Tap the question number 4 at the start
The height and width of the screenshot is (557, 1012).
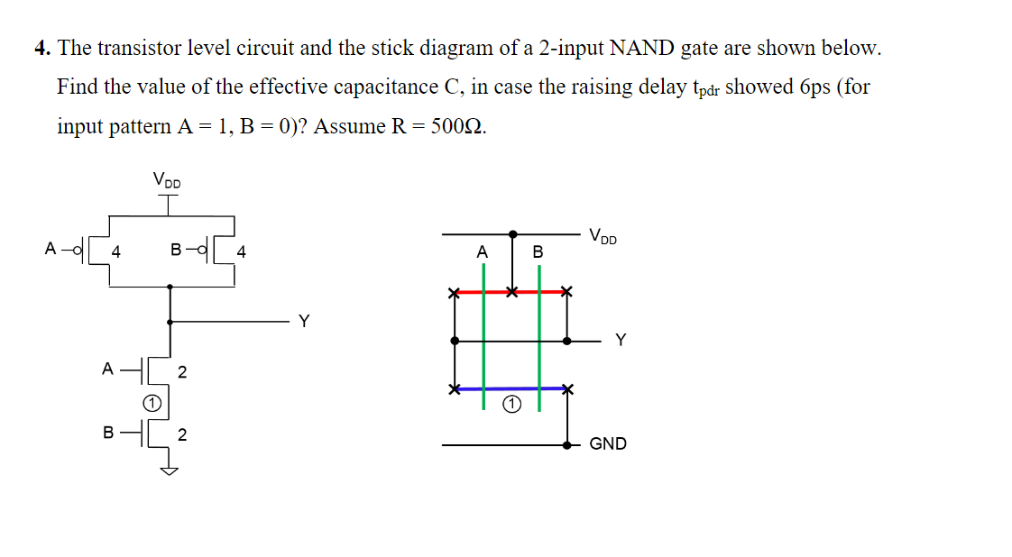pyautogui.click(x=41, y=49)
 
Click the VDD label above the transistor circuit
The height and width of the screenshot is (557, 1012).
pyautogui.click(x=167, y=180)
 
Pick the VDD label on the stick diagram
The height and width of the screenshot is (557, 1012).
pyautogui.click(x=604, y=237)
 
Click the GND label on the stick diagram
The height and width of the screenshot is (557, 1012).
pyautogui.click(x=607, y=443)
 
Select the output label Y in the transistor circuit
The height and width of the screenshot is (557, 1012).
pyautogui.click(x=304, y=321)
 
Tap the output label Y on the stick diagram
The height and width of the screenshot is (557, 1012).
pyautogui.click(x=620, y=340)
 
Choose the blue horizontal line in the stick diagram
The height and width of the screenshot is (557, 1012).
pyautogui.click(x=510, y=388)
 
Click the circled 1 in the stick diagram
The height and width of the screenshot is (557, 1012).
pyautogui.click(x=511, y=405)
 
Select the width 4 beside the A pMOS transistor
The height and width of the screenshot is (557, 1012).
pyautogui.click(x=116, y=253)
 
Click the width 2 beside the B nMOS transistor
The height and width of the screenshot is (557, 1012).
pyautogui.click(x=182, y=435)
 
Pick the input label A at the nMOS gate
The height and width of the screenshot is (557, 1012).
pyautogui.click(x=107, y=368)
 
